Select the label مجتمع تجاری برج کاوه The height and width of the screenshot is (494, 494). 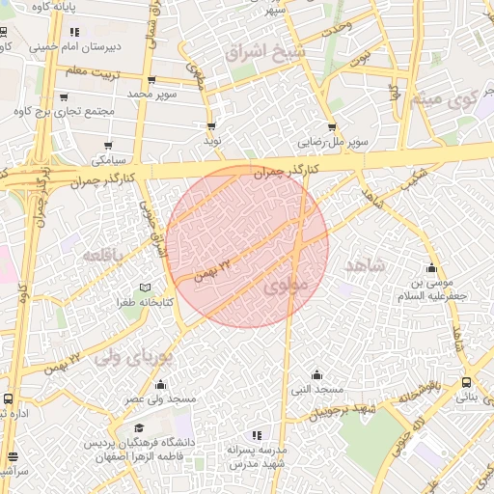(x=66, y=112)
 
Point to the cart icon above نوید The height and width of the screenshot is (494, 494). (x=211, y=126)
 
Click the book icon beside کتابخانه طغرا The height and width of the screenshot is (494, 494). (x=146, y=288)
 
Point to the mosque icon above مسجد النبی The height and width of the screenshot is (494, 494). (x=317, y=374)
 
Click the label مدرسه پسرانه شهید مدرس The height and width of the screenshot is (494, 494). (x=257, y=456)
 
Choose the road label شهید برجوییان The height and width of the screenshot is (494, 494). (x=341, y=411)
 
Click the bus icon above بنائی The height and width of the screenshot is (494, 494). (x=467, y=382)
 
